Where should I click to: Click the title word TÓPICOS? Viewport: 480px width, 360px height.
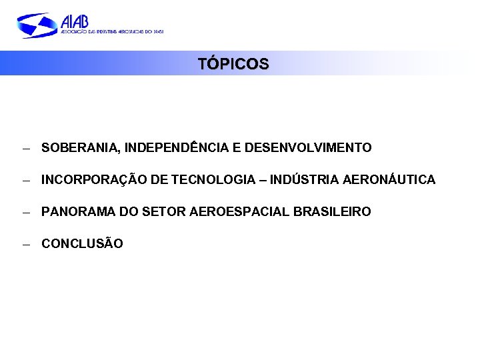pos(233,64)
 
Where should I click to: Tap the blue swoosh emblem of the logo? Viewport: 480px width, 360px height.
pos(37,25)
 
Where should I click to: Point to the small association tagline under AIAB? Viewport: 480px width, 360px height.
pos(111,31)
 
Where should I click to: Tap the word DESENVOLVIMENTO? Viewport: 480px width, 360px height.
pos(308,147)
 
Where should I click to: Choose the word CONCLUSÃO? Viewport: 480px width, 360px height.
pos(82,244)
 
